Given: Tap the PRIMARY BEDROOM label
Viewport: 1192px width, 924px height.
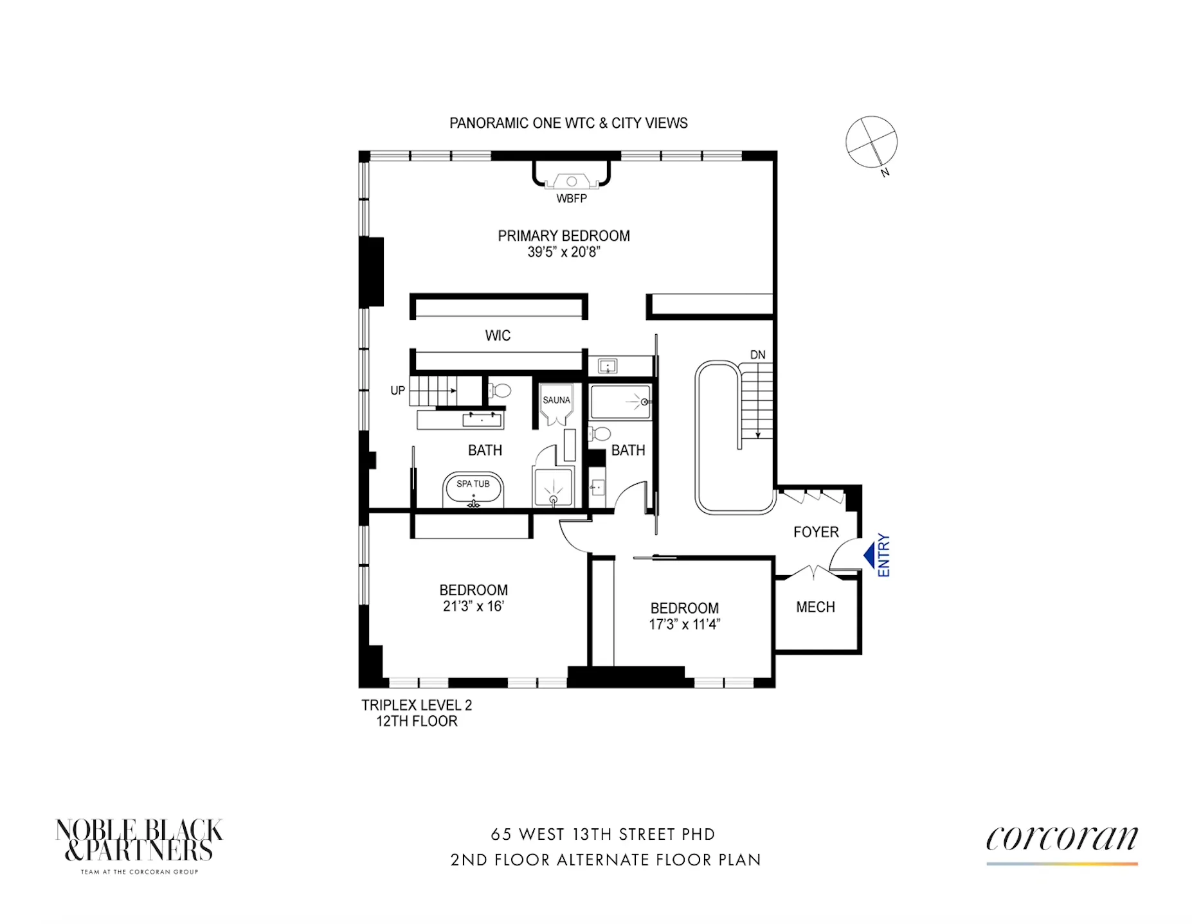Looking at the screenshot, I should [563, 236].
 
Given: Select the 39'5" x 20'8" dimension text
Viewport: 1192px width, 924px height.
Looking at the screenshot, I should [563, 253].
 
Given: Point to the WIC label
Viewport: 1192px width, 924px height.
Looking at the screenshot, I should [498, 335].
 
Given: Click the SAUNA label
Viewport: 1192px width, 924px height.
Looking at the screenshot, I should [556, 400].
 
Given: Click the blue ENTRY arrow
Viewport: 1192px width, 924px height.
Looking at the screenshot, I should [870, 555].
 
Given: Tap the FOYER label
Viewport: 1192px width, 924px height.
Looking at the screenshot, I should [816, 532].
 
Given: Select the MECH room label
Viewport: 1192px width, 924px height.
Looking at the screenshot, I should [815, 607].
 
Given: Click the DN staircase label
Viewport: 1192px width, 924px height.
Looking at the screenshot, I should [757, 355].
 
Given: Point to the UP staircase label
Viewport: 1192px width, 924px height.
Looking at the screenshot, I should [397, 391].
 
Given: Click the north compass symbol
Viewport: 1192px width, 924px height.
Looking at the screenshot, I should [871, 142].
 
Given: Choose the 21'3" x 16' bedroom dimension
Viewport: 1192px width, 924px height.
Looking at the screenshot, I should [473, 606].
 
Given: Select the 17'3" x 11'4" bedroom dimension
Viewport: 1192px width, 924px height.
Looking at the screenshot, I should [684, 624].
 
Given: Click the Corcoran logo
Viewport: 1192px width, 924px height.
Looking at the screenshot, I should [1061, 840].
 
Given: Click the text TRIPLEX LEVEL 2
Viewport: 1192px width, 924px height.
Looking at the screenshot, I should [417, 705].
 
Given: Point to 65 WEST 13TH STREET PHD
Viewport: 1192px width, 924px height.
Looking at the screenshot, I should [602, 834].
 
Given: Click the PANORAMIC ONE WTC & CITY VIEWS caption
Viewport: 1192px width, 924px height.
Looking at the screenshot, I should [568, 123].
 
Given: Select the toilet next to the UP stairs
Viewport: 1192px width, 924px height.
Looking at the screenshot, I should [500, 391].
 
